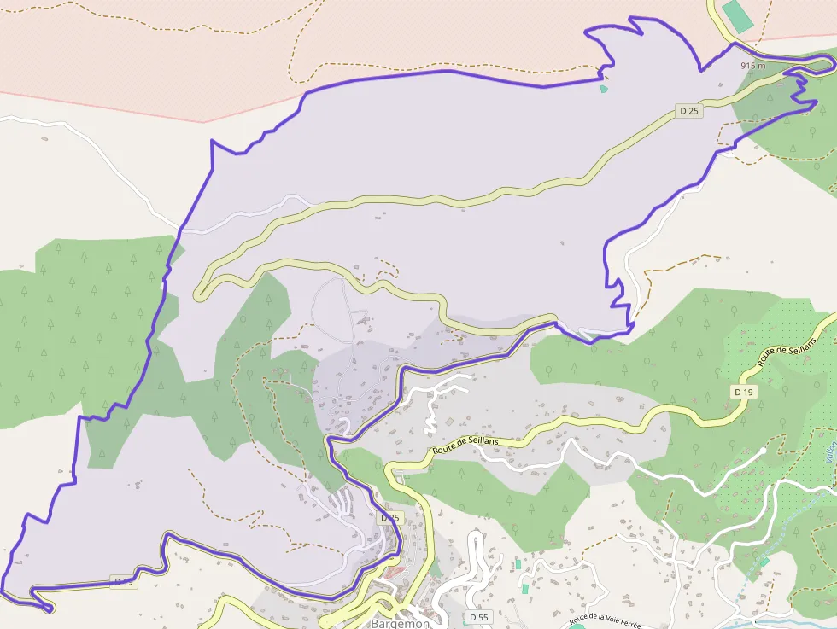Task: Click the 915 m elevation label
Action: click(752, 65)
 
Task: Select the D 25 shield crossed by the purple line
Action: click(389, 518)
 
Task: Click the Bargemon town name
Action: click(401, 623)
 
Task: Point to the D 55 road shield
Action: click(479, 616)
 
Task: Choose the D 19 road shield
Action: click(744, 392)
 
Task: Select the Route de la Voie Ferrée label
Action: click(605, 620)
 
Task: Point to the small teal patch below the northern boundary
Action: click(604, 88)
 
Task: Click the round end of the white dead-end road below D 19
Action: click(763, 451)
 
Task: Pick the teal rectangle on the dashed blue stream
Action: click(764, 561)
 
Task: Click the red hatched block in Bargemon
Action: click(393, 571)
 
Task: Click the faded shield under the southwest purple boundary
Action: click(122, 582)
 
